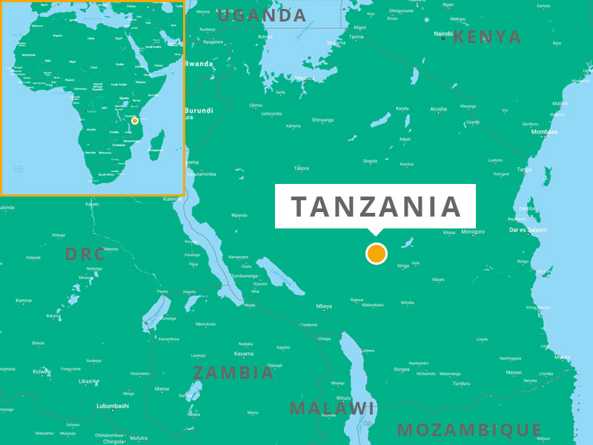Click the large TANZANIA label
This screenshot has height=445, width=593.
(376, 206)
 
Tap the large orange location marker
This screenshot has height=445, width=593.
(377, 254)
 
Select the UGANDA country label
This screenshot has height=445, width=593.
(262, 15)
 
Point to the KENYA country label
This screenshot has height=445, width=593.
(487, 37)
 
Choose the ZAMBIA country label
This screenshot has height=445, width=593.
(233, 372)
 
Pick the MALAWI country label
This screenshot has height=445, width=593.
(332, 408)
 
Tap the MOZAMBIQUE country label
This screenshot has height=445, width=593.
(470, 429)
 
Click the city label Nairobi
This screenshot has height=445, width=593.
(443, 33)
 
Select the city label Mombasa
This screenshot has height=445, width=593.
(544, 132)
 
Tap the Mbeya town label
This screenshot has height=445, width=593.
(324, 306)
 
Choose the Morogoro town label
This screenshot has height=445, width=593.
(473, 232)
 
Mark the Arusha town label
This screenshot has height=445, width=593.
(438, 109)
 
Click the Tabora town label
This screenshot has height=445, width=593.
(301, 168)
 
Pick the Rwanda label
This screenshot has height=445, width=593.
(199, 64)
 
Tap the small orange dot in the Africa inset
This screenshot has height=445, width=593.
(134, 120)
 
